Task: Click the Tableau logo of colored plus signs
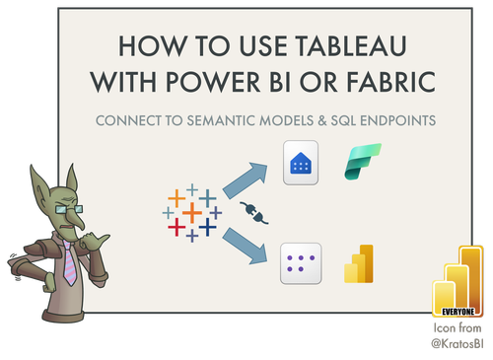(x=191, y=211)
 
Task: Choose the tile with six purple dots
(x=300, y=263)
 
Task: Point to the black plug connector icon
(x=250, y=210)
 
